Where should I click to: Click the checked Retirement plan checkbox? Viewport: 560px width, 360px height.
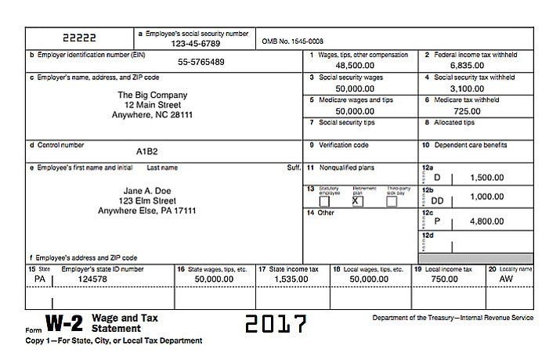point(358,201)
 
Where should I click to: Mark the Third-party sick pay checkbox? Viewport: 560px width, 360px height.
point(392,201)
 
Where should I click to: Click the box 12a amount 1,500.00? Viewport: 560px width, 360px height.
point(486,178)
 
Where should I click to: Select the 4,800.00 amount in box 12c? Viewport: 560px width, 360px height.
point(486,221)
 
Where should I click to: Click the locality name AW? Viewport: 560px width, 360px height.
point(506,279)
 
